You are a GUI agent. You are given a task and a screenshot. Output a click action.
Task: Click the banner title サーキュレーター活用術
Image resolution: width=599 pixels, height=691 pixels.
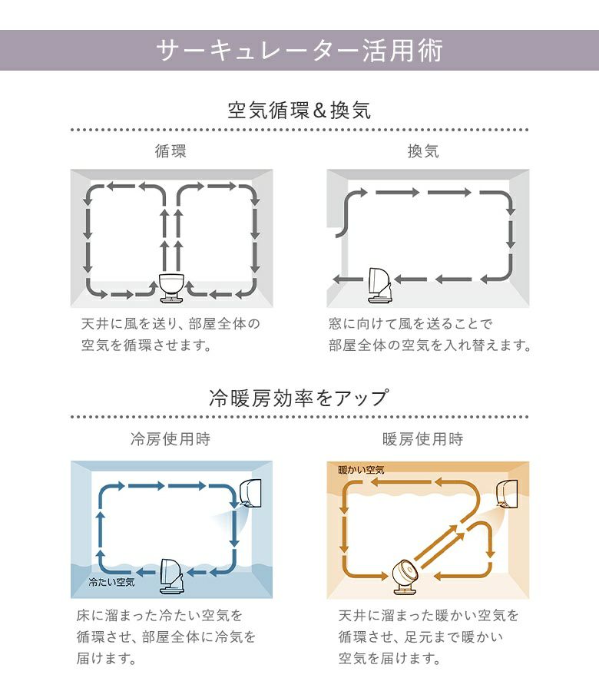click(299, 50)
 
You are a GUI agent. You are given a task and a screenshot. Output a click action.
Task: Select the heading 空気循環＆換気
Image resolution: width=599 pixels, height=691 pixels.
click(299, 110)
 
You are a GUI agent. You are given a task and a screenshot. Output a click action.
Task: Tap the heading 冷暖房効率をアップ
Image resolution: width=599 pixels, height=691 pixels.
click(299, 398)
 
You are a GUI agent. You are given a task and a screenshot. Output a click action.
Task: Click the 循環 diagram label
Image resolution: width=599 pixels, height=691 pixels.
click(170, 151)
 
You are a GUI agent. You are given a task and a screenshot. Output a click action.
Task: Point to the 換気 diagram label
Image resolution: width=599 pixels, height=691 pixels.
click(423, 151)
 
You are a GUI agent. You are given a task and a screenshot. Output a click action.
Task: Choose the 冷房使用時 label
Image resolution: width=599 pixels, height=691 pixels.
click(170, 439)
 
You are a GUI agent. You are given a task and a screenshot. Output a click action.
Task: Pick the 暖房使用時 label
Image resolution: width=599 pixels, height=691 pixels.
click(423, 439)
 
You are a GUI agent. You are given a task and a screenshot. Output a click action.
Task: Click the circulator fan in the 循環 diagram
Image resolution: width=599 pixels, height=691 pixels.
click(172, 288)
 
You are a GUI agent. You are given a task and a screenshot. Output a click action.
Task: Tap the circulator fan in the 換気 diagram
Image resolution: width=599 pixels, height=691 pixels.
click(379, 286)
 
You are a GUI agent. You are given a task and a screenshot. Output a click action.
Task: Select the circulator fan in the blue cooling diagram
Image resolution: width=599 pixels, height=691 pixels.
click(172, 577)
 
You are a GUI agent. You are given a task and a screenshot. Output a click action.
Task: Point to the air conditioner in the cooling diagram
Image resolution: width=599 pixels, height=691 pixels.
click(250, 493)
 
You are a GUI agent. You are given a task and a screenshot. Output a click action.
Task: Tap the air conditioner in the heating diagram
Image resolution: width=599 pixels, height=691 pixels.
click(507, 493)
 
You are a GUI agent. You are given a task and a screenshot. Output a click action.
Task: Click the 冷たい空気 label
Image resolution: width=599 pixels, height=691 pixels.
click(111, 582)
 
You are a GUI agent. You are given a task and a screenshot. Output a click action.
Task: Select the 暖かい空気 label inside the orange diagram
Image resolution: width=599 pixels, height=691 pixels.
click(362, 470)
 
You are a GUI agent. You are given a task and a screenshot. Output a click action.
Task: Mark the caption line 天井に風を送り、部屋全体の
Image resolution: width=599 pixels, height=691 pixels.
click(170, 324)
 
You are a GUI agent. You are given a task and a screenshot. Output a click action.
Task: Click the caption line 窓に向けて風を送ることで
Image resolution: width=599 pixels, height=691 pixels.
click(410, 324)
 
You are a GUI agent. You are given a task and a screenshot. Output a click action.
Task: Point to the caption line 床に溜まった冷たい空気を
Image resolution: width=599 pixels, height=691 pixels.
click(160, 615)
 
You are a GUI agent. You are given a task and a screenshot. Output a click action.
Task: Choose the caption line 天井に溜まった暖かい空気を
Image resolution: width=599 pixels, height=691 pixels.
click(429, 615)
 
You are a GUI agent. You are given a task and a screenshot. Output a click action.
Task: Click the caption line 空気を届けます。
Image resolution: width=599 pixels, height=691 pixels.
click(389, 659)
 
